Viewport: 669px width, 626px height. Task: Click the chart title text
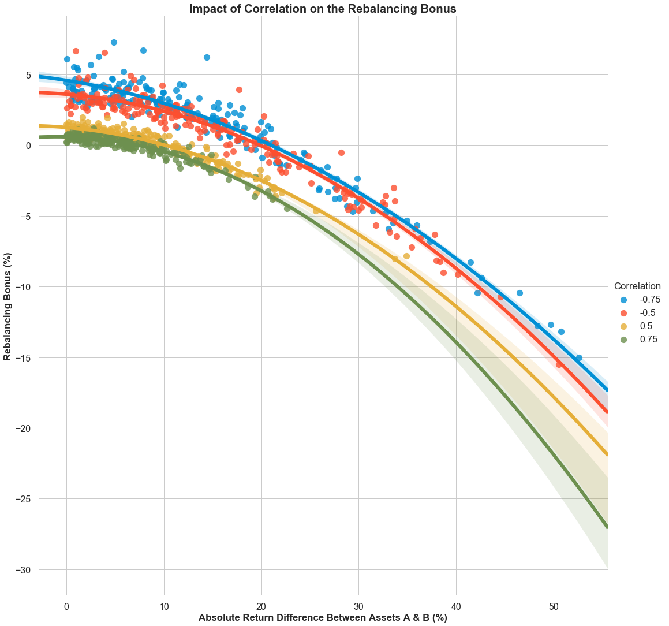[x=323, y=9]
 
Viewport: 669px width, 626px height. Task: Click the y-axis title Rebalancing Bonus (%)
[x=8, y=306]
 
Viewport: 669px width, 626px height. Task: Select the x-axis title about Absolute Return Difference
[x=323, y=617]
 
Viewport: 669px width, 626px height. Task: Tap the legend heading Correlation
[x=637, y=286]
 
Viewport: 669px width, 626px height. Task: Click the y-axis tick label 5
[x=27, y=75]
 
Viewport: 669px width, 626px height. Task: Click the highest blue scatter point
[x=114, y=42]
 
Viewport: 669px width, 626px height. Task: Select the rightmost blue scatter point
[x=579, y=358]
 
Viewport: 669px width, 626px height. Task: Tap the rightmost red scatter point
[x=559, y=364]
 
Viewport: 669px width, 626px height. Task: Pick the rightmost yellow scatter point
[x=406, y=256]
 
